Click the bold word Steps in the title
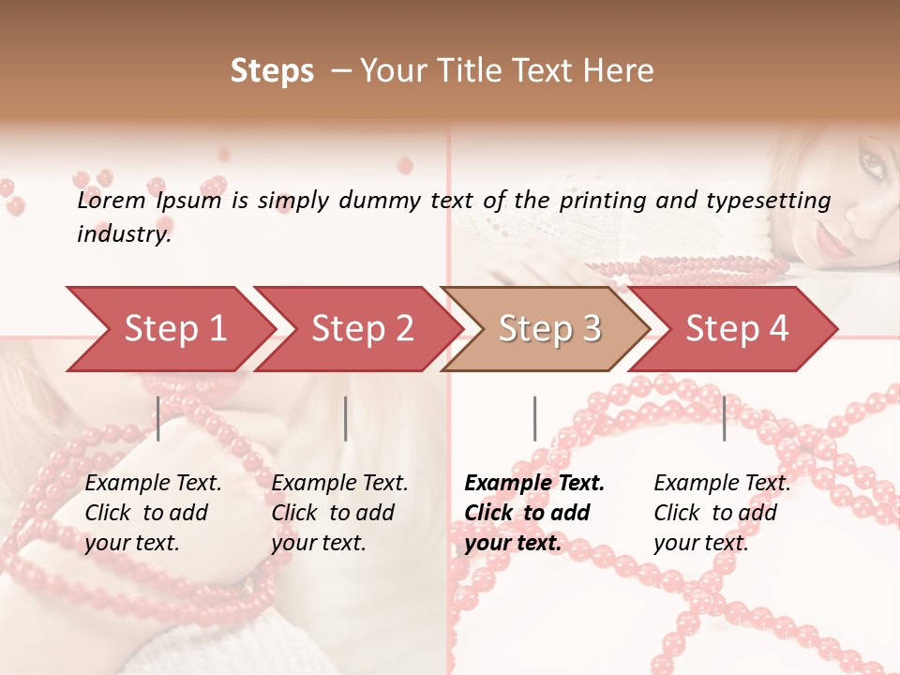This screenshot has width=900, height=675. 272,72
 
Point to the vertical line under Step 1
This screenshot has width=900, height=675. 158,418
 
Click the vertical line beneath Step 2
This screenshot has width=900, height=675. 346,418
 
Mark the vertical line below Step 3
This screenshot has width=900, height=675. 534,418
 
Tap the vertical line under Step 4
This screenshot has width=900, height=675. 724,418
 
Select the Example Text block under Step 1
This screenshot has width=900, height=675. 153,513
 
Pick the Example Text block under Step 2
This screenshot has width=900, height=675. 339,513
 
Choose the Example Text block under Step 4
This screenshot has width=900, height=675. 722,513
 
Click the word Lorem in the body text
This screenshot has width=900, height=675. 112,201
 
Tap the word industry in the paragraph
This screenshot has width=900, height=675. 123,234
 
